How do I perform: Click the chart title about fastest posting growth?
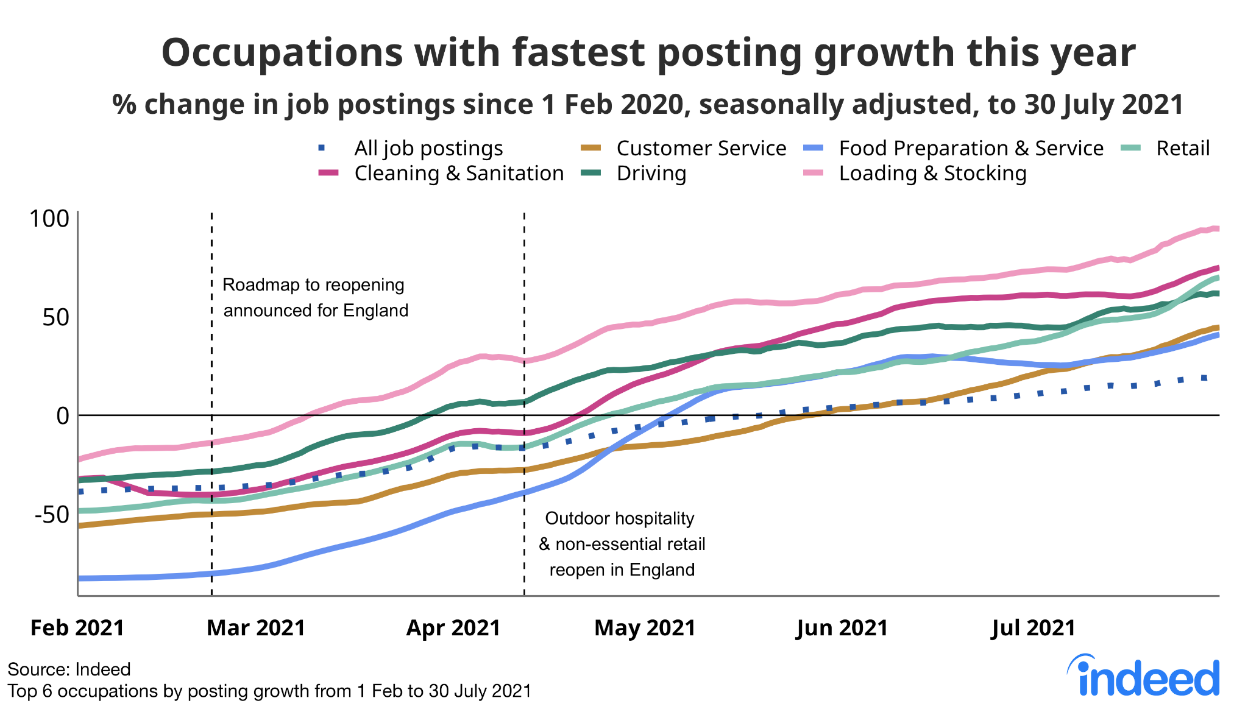click(648, 53)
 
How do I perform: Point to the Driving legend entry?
click(651, 174)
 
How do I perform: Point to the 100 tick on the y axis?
click(50, 219)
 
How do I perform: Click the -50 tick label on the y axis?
click(52, 514)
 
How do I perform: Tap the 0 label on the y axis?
click(62, 416)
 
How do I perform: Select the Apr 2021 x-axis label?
click(453, 627)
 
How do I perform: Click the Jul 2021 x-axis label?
click(1033, 627)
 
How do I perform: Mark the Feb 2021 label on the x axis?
click(77, 627)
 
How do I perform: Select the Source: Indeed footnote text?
click(69, 669)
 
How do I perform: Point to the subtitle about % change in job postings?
click(648, 104)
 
